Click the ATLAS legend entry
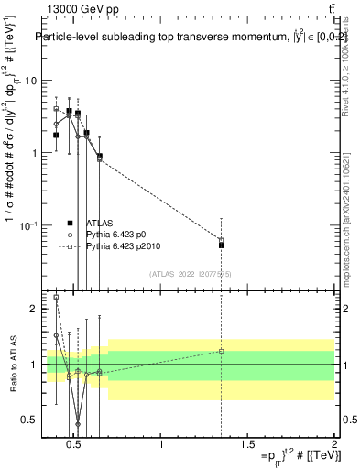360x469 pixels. [x=100, y=223]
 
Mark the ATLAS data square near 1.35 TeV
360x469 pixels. [x=221, y=245]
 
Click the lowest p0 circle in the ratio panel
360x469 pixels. [x=78, y=424]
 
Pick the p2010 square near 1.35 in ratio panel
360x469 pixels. [x=221, y=351]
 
